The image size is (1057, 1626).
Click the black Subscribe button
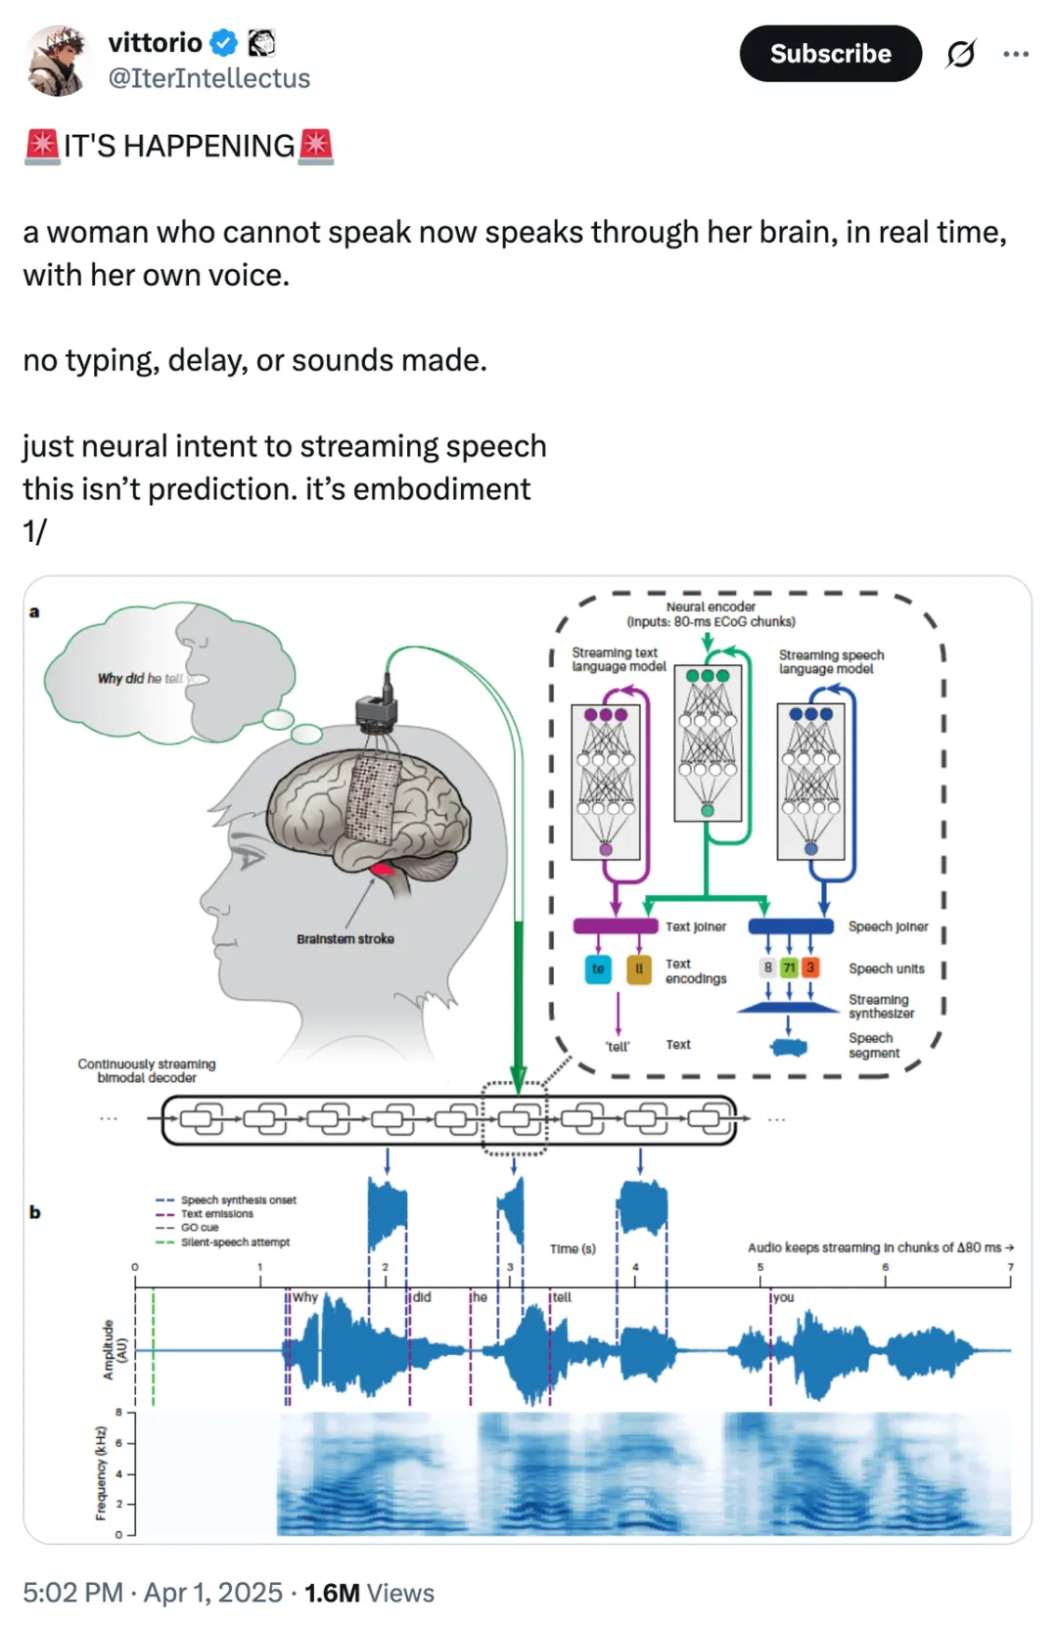pos(830,54)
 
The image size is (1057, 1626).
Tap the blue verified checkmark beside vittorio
pos(224,43)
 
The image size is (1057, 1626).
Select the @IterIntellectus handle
pos(208,78)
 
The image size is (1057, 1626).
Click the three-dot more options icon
pos(1016,54)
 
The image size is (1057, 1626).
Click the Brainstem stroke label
pos(345,939)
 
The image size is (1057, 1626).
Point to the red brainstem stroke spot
pos(382,869)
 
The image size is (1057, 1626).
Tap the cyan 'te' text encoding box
pos(598,969)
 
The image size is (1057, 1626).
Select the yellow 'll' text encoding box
pos(639,969)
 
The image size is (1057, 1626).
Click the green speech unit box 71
pos(789,968)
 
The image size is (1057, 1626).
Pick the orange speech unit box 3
pos(810,968)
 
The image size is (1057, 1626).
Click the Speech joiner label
pos(888,926)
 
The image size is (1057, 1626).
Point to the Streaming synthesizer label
pos(880,1007)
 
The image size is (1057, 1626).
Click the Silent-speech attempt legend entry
pos(235,1242)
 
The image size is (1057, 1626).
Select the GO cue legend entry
pos(200,1228)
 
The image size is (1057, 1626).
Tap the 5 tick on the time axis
pos(760,1268)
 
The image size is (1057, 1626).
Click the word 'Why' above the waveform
pos(305,1297)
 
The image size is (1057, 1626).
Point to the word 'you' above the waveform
pos(784,1297)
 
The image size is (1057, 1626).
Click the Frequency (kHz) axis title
pos(101,1473)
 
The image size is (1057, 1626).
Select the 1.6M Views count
pos(369,1593)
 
